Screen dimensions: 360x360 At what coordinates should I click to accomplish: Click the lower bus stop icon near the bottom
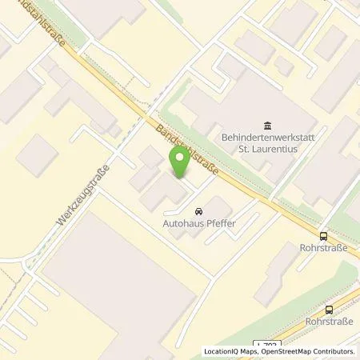(329, 310)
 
